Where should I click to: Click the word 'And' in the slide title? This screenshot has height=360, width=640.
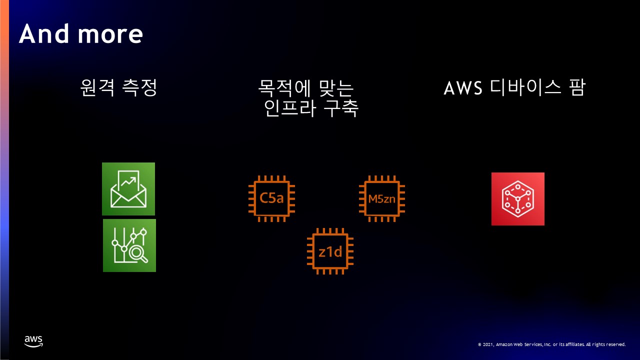coord(42,34)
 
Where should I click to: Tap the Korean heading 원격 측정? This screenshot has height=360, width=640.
coord(119,88)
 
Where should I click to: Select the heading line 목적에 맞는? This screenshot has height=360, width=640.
coord(305,88)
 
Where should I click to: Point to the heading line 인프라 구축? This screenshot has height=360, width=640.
coord(311,108)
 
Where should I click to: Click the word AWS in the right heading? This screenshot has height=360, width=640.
coord(462,88)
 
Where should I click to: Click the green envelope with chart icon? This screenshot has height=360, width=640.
coord(128,189)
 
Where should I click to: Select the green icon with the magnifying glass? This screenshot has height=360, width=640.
coord(129,245)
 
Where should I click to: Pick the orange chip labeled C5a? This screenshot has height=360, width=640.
coord(271,198)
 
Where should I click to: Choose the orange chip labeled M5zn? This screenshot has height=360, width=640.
coord(381,198)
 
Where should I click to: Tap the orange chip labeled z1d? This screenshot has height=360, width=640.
coord(330,251)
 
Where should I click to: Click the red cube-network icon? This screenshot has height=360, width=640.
coord(517,199)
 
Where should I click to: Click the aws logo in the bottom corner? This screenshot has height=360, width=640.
coord(33,341)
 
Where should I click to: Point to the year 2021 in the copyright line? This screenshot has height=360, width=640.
coord(488,344)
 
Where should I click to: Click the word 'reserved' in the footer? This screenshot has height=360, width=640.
coord(615,344)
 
